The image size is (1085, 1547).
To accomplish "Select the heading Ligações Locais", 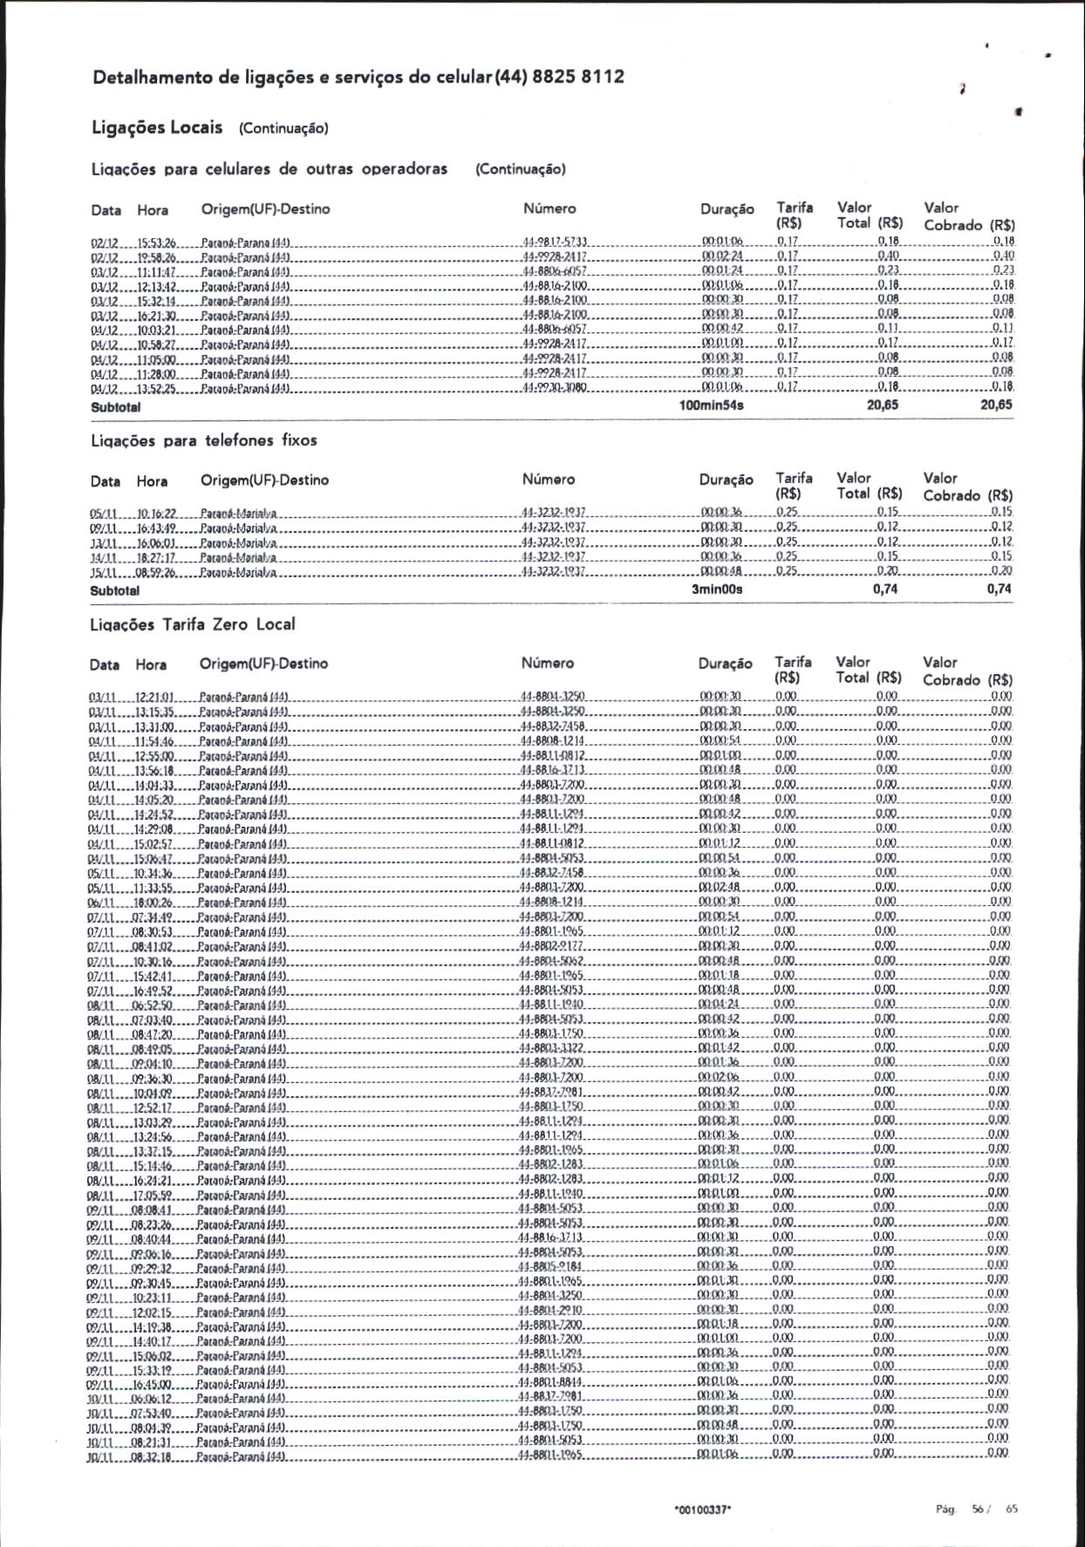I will [x=157, y=127].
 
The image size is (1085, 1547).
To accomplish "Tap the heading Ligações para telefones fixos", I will [x=204, y=440].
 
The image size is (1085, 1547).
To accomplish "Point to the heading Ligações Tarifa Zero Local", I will [x=193, y=624].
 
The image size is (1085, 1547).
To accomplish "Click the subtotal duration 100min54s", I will [x=712, y=405].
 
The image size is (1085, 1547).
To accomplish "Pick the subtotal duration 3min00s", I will [x=717, y=589].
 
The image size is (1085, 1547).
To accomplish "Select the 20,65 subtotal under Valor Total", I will [x=883, y=405].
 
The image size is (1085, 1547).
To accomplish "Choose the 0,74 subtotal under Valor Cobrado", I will [x=999, y=589].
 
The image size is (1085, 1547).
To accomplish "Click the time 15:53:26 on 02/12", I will [x=158, y=242].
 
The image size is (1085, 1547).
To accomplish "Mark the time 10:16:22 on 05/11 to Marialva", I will [x=157, y=513].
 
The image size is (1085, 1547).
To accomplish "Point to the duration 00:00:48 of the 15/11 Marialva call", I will [x=720, y=571].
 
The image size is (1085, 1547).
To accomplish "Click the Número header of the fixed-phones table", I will [x=549, y=480].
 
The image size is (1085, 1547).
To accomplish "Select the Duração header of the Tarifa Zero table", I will [x=725, y=664].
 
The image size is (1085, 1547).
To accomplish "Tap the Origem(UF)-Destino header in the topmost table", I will [x=265, y=209].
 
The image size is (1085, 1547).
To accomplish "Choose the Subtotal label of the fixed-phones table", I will [x=115, y=590].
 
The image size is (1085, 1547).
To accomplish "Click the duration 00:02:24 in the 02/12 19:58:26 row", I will [x=721, y=256].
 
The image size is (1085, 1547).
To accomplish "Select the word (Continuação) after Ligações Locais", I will [x=283, y=129].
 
